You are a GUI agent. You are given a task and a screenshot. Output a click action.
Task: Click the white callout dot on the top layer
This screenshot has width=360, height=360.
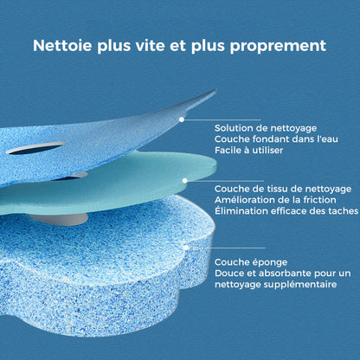tap(182, 119)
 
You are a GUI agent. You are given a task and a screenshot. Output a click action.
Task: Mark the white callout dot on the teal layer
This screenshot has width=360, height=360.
tap(184, 180)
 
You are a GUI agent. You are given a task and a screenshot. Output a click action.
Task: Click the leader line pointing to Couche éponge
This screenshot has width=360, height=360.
tap(225, 247)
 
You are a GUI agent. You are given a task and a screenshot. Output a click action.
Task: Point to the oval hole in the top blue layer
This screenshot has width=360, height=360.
tap(35, 149)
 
